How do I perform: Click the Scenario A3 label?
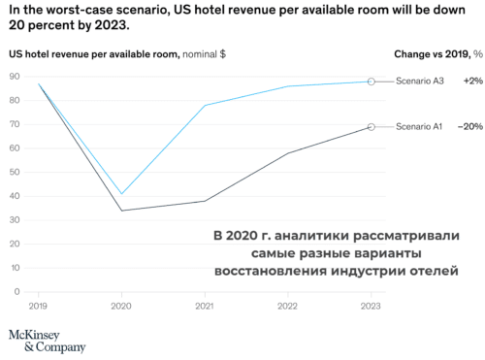(421, 82)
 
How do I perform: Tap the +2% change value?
(472, 82)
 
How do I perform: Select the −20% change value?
(470, 127)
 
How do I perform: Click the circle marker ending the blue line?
(372, 82)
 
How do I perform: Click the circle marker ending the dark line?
(372, 127)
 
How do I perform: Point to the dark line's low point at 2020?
(121, 211)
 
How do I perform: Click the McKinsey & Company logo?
(47, 340)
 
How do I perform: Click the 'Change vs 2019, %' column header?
(437, 54)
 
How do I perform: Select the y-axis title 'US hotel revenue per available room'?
(92, 54)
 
